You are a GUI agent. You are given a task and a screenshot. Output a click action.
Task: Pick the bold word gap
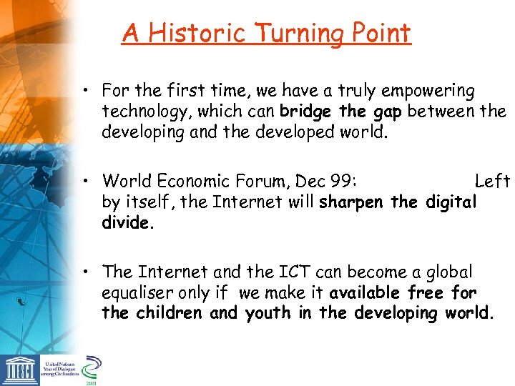click(x=389, y=112)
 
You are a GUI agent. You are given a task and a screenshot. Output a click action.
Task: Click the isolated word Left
click(x=492, y=182)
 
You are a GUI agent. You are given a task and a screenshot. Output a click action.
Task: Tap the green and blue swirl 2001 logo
click(x=91, y=370)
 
